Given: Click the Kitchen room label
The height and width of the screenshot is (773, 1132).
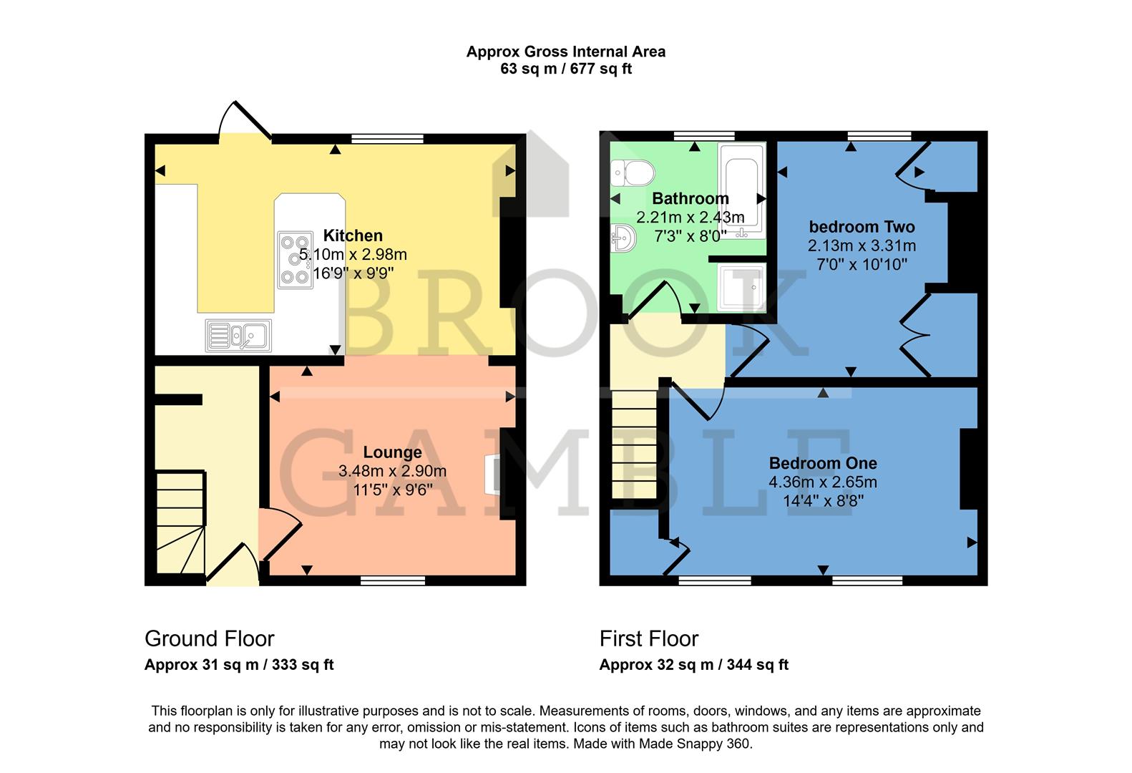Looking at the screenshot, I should point(353,235).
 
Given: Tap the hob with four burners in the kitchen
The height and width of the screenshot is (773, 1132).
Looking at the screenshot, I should point(295,260).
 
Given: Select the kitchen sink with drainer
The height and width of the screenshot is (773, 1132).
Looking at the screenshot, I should point(238,335).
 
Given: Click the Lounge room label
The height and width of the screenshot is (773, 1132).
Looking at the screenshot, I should point(392,452).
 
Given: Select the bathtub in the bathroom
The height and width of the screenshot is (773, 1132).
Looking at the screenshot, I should point(742,190).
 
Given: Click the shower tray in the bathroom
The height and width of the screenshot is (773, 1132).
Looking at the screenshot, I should point(741,287).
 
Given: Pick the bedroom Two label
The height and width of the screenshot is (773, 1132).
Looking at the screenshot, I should point(862,227).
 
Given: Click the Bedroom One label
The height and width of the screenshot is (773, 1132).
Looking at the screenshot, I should point(823,463).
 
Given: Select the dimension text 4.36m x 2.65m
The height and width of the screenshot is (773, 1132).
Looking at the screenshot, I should point(823,482).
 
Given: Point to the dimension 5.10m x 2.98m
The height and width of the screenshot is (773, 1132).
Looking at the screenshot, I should point(353,254).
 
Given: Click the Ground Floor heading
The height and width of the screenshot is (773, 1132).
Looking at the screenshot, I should point(209,638).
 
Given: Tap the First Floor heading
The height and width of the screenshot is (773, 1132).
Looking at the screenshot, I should point(648,638).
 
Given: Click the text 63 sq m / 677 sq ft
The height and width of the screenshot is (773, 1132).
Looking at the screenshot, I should point(565,69).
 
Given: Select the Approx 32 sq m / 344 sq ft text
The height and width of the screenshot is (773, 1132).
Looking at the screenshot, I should point(693,664).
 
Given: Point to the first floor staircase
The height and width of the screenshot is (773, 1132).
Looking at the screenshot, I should point(634,444).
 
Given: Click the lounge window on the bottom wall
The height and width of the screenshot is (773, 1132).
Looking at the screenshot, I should point(393,580).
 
